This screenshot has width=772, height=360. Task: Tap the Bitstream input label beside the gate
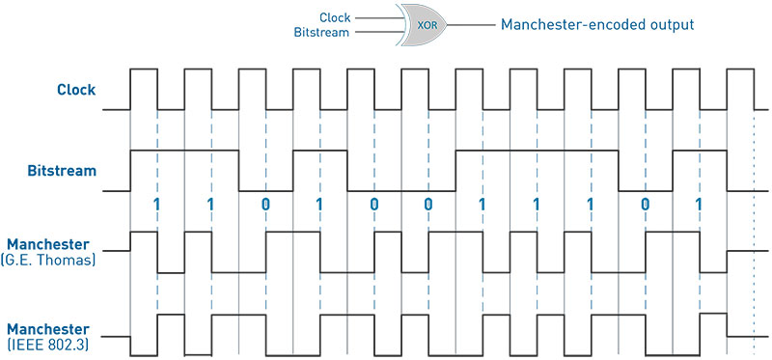pos(323,32)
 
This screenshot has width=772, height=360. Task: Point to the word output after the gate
pos(667,23)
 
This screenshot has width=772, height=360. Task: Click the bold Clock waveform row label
pos(76,91)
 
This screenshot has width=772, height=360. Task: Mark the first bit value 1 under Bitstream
pos(156,205)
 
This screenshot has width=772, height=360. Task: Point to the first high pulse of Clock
pos(144,69)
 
